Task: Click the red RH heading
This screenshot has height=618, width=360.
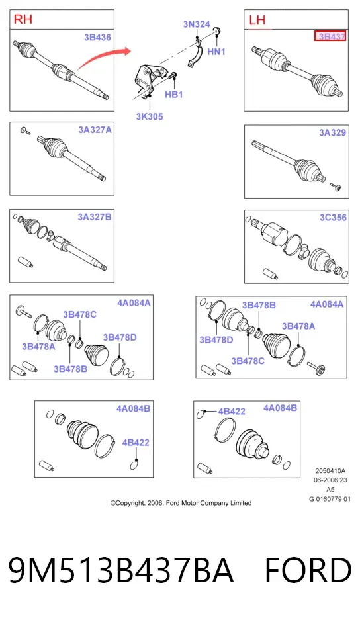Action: (23, 19)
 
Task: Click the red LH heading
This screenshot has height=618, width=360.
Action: (257, 20)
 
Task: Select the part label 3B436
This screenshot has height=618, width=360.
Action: (97, 38)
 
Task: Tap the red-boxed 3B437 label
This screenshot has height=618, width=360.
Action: (330, 36)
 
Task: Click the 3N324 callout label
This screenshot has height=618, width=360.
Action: (197, 24)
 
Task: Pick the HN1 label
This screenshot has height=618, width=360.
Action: (216, 51)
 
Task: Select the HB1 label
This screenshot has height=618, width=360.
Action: (174, 95)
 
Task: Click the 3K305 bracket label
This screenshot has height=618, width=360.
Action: (150, 116)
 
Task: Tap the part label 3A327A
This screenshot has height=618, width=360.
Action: (95, 130)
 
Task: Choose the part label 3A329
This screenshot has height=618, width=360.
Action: (332, 133)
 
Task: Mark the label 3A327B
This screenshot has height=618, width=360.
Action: (95, 217)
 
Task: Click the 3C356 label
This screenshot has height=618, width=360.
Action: (333, 218)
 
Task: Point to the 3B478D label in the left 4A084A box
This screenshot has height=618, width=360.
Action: (120, 337)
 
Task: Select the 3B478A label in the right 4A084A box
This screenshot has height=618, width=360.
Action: (298, 326)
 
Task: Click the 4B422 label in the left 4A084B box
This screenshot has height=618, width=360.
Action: (136, 443)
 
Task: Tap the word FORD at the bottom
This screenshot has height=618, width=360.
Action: (308, 570)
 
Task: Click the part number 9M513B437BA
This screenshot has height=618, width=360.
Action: (121, 570)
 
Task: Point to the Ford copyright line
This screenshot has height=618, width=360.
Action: (181, 503)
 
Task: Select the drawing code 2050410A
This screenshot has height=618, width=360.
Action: (330, 470)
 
